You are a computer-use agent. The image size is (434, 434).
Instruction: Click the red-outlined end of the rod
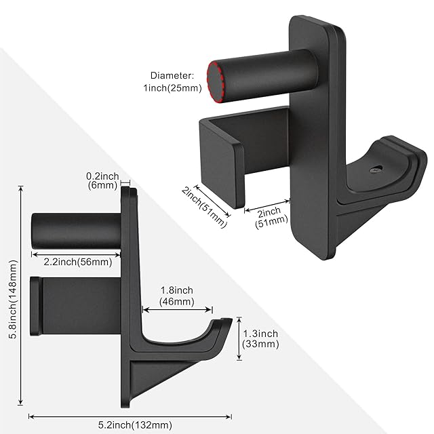215,82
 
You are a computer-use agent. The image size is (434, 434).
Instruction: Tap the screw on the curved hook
376,169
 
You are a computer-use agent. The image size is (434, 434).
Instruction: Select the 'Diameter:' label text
172,75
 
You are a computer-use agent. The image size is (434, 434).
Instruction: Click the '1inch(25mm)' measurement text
172,88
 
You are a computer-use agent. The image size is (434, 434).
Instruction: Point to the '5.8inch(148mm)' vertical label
13,300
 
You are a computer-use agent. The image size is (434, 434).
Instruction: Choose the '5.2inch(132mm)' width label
135,425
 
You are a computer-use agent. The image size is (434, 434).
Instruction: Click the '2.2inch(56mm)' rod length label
78,262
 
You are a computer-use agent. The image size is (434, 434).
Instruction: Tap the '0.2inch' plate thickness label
102,176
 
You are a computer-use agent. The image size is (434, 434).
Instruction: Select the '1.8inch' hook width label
177,290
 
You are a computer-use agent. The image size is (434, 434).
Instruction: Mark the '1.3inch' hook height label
260,334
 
